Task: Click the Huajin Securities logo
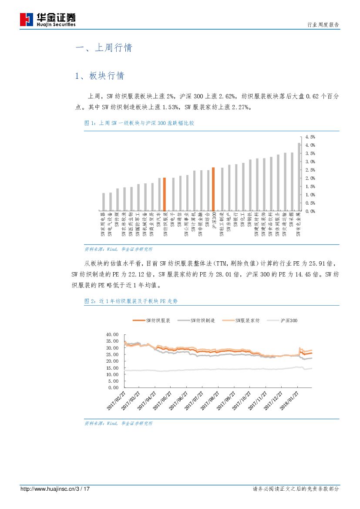tap(48, 20)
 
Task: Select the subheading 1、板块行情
tap(100, 76)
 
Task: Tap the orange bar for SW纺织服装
tap(164, 194)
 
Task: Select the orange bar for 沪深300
tap(213, 189)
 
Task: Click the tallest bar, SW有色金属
tap(299, 177)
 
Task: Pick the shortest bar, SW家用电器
tap(103, 202)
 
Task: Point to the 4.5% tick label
tap(310, 137)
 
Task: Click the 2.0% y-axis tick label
tap(310, 178)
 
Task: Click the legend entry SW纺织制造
tap(196, 320)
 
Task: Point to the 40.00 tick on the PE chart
tap(112, 335)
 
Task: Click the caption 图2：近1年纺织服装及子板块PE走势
tap(131, 301)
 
